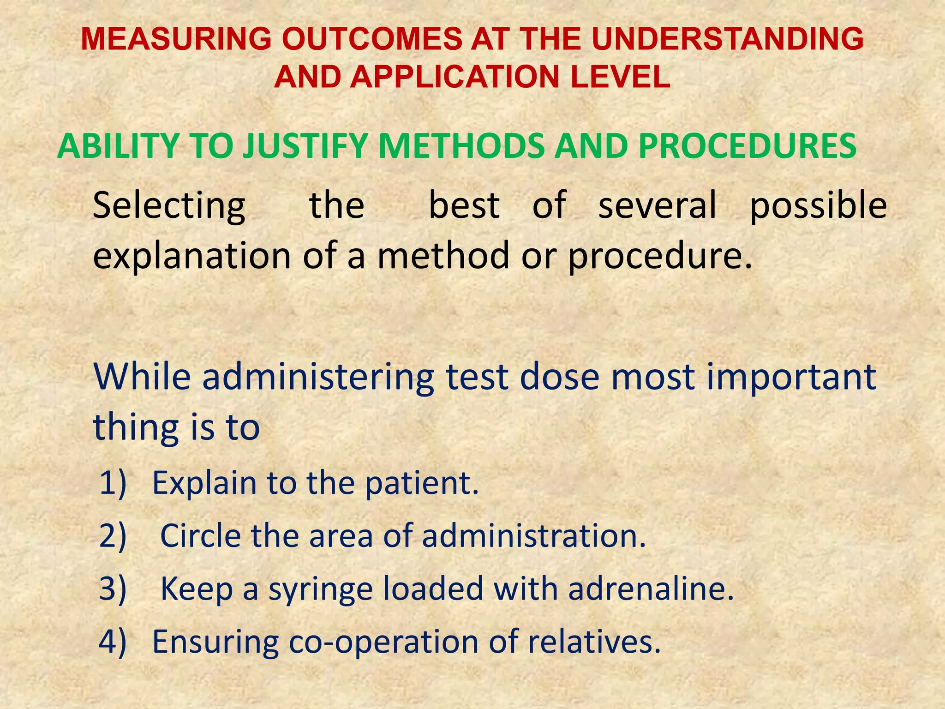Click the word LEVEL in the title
pos(620,77)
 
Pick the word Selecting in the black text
pos(169,205)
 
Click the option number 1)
pos(113,483)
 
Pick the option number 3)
pos(113,589)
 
